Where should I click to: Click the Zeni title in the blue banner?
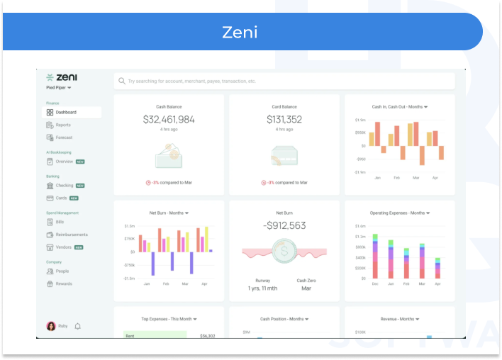coord(239,32)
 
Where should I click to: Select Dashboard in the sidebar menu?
coord(66,113)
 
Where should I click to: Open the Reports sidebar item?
coord(63,125)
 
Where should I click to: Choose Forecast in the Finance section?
coord(64,137)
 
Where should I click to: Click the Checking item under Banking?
coord(64,186)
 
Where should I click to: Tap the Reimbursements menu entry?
coord(71,235)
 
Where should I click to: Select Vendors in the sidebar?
coord(64,247)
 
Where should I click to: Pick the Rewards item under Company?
coord(64,283)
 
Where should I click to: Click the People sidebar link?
coord(62,271)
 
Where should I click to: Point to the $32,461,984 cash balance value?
coord(169,120)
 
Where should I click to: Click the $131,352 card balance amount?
coord(284,120)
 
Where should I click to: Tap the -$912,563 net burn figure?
coord(284,225)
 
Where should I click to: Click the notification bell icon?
coord(78,326)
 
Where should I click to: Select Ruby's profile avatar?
coord(51,326)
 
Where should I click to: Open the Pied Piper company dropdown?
coord(59,88)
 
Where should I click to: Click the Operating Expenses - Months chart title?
coord(399,213)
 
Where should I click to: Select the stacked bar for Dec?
coord(375,256)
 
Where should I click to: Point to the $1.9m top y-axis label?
coord(360,120)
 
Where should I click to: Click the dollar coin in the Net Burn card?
coord(284,250)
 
